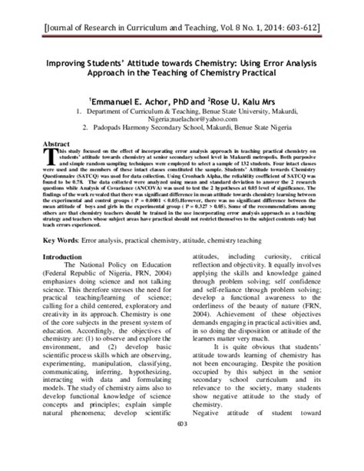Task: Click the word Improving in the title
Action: (x=70, y=66)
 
